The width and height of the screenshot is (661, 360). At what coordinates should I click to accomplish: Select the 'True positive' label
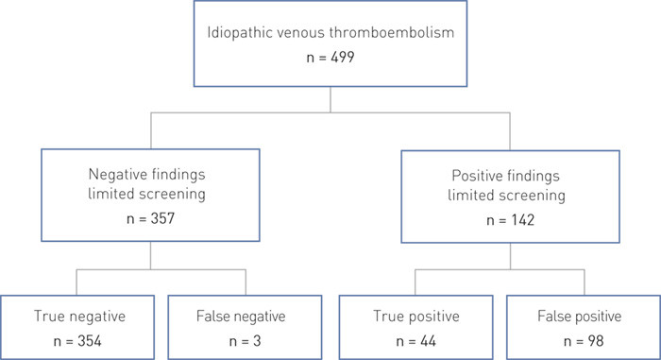(411, 315)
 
